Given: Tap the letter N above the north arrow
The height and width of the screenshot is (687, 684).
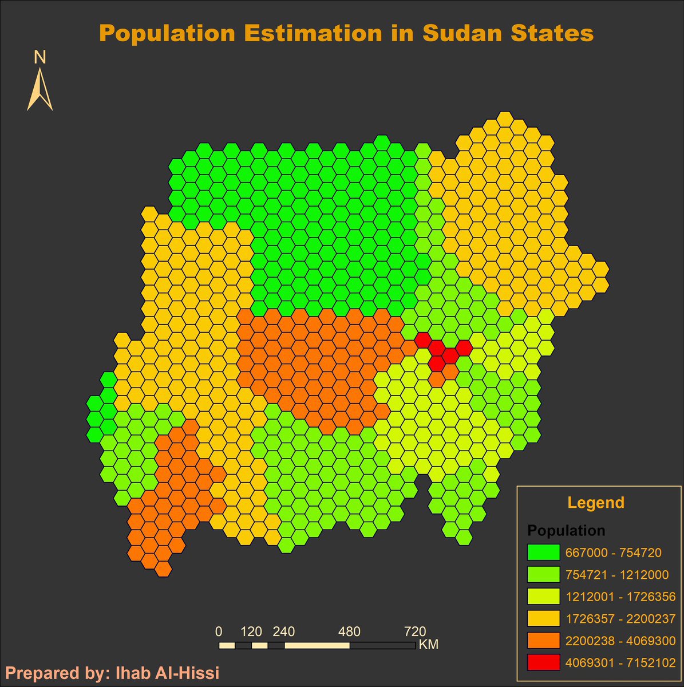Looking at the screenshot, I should (39, 57).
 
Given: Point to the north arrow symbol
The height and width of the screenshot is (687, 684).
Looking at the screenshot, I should (39, 90).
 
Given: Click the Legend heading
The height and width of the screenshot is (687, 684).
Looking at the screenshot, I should (595, 503).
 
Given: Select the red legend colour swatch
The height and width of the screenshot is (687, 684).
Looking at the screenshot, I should (543, 662).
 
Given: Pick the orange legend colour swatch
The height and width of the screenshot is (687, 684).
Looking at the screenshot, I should (543, 641).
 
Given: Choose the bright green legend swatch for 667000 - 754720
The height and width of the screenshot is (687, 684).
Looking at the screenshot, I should (543, 552).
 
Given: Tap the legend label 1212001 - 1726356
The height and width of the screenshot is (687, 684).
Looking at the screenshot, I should (620, 597).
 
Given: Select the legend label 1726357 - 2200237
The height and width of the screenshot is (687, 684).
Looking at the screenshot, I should (620, 619).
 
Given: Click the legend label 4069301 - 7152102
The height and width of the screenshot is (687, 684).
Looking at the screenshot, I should (620, 663).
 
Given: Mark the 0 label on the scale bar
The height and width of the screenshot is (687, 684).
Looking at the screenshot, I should (219, 632).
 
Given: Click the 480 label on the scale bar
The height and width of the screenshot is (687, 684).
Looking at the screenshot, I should (349, 632).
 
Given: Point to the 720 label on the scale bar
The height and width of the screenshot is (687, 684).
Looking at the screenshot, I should (415, 632).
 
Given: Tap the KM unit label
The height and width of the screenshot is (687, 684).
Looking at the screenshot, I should (429, 645).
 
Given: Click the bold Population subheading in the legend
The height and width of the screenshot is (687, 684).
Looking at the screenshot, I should (566, 531).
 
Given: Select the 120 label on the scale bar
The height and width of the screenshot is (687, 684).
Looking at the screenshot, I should (251, 632).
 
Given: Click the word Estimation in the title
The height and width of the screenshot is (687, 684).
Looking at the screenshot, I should (313, 33).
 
